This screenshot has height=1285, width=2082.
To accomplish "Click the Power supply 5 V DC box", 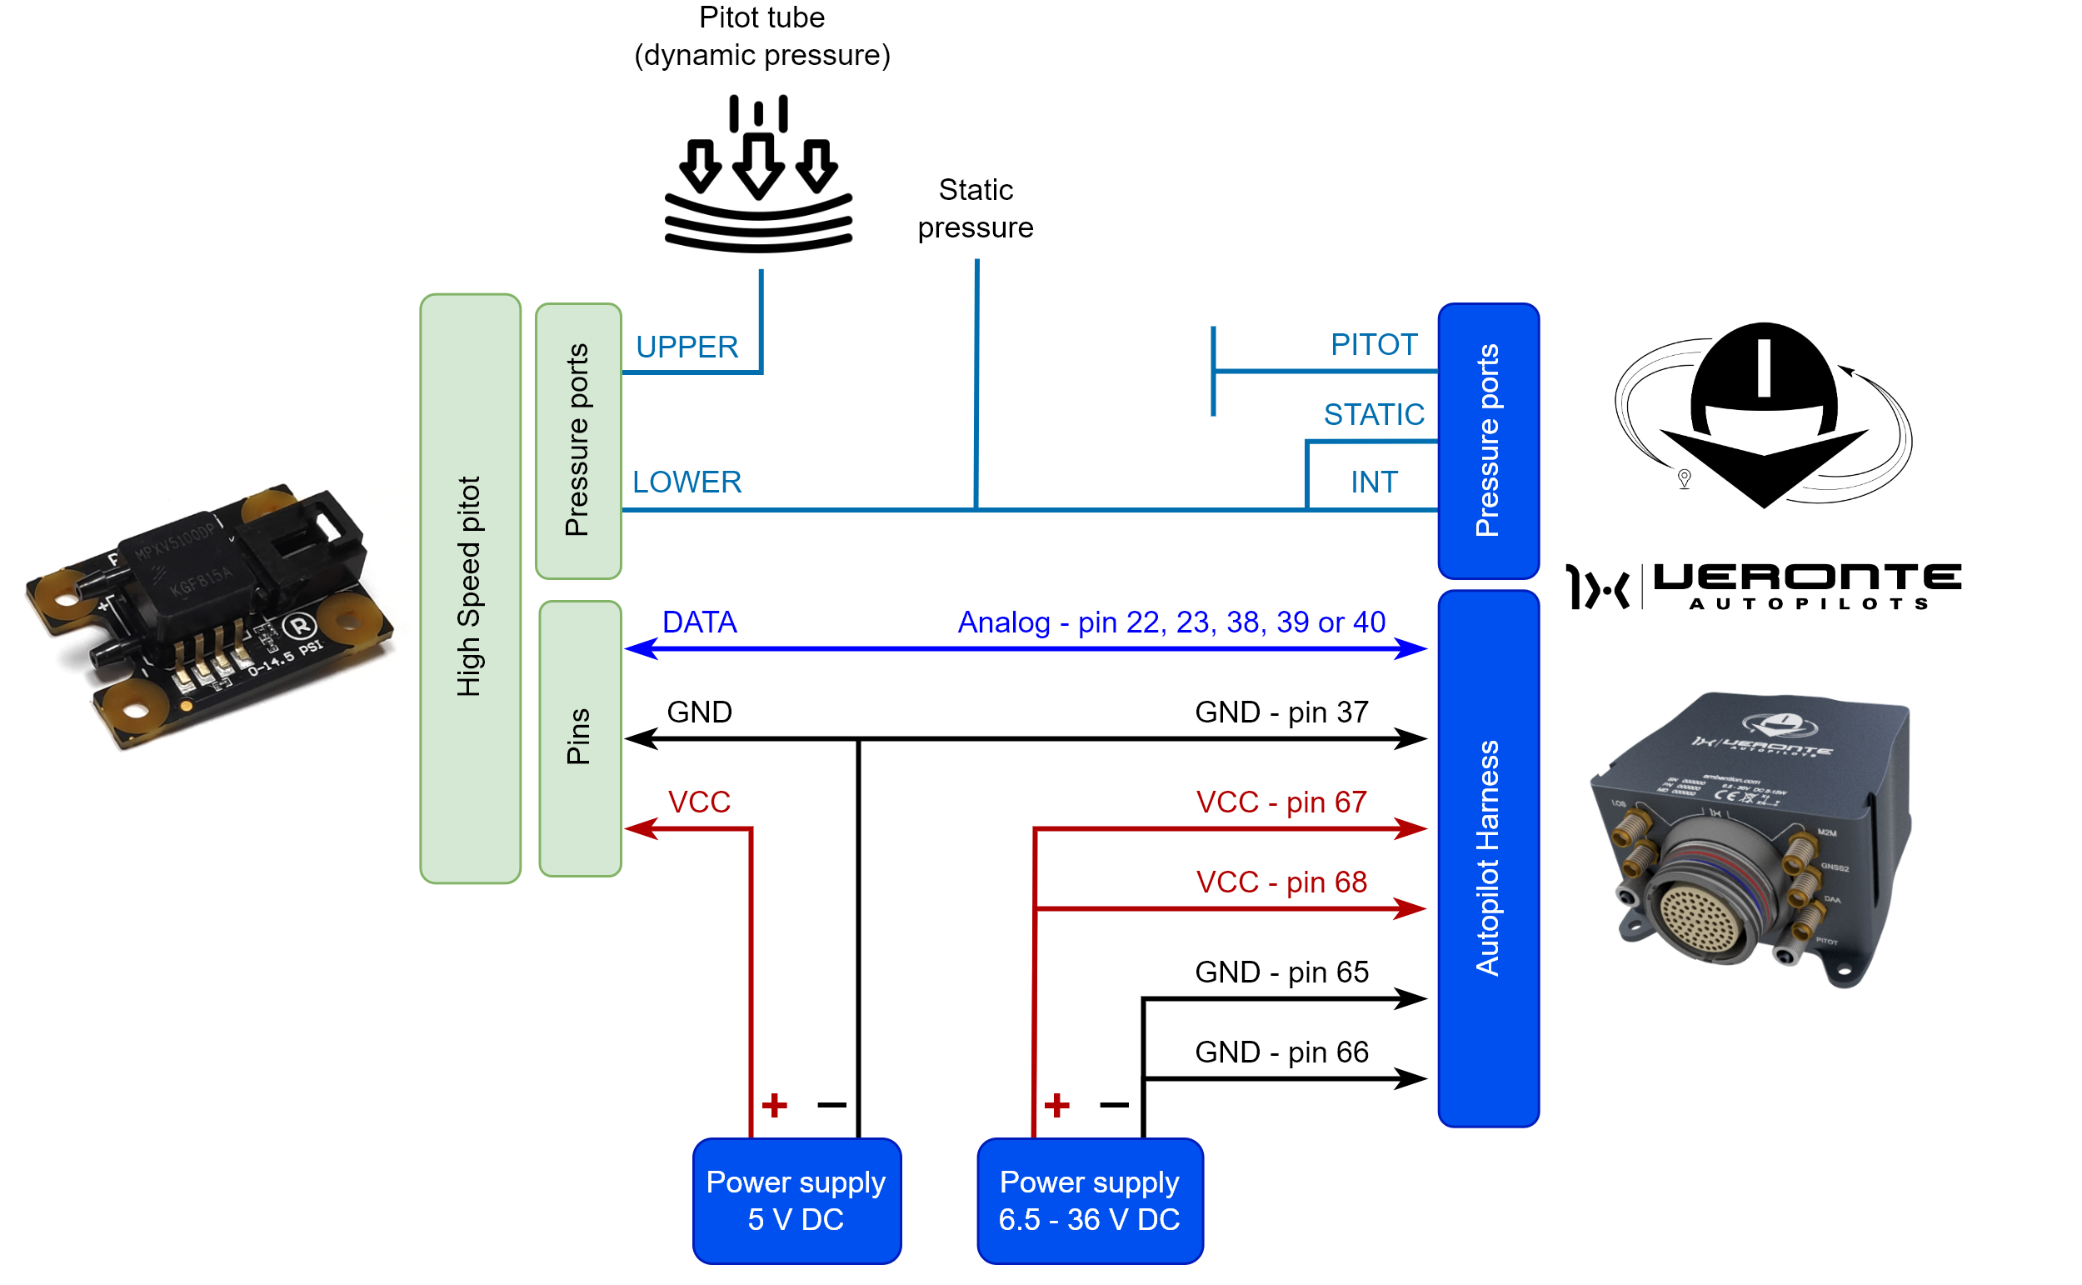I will pyautogui.click(x=796, y=1200).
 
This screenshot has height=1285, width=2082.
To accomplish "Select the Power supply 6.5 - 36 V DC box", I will pyautogui.click(x=1089, y=1200).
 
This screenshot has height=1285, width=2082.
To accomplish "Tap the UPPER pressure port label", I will pyautogui.click(x=687, y=347).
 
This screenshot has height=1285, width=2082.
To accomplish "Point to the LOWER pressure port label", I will pyautogui.click(x=687, y=482).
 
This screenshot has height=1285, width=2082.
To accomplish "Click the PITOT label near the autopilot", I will pyautogui.click(x=1374, y=344).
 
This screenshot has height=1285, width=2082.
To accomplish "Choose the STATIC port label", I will pyautogui.click(x=1374, y=414).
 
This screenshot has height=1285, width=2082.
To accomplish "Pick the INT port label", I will pyautogui.click(x=1374, y=482).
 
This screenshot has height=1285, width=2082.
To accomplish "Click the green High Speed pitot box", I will pyautogui.click(x=470, y=588).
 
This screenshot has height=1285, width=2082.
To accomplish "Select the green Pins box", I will pyautogui.click(x=579, y=737).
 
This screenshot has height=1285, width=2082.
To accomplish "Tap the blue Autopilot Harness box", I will pyautogui.click(x=1487, y=858).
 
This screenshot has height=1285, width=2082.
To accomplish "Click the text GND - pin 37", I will pyautogui.click(x=1281, y=712).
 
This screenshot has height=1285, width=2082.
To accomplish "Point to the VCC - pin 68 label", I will pyautogui.click(x=1281, y=882).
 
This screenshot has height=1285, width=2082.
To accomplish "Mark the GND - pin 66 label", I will pyautogui.click(x=1281, y=1052).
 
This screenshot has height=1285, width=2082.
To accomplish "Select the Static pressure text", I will pyautogui.click(x=975, y=208).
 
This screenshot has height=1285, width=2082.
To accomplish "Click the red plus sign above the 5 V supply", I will pyautogui.click(x=774, y=1105).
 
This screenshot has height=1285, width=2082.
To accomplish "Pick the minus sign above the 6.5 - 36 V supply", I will pyautogui.click(x=1114, y=1105).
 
